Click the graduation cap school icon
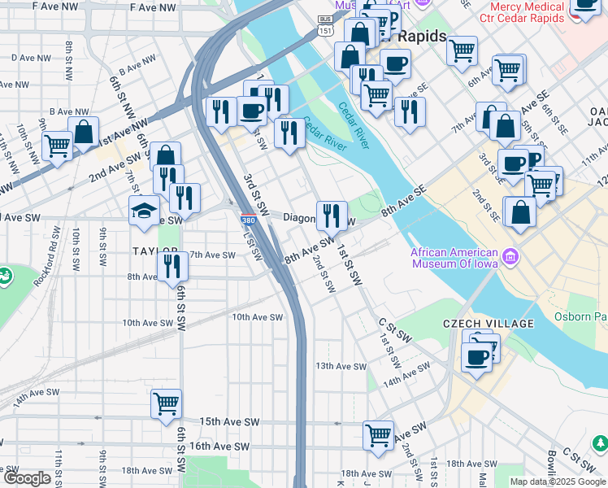click(144, 211)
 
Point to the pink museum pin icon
click(510, 258)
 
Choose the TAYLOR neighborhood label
click(154, 252)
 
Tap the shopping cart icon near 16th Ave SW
click(378, 434)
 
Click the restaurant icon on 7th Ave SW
click(172, 266)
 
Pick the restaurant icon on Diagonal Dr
click(331, 216)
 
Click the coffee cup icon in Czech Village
click(476, 355)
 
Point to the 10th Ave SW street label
click(258, 318)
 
